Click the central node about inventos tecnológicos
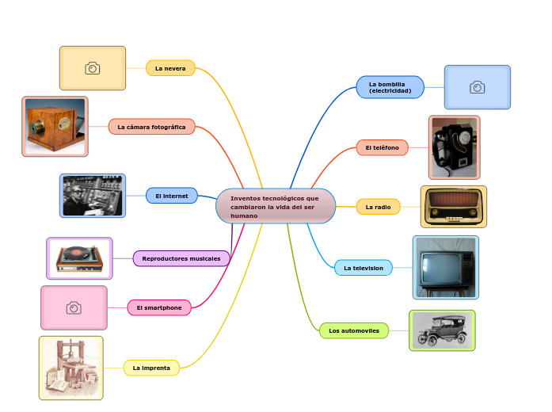276,206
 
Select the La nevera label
170,69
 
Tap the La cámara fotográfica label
151,127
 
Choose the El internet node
171,196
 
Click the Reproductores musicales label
181,258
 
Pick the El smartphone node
159,307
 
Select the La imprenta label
151,368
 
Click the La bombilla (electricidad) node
390,87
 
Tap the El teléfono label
382,147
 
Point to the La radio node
378,207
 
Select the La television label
363,268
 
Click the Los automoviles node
354,330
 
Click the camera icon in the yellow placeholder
93,68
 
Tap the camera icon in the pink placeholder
74,307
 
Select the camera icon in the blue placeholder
478,87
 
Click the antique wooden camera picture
55,127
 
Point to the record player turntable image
79,258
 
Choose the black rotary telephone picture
454,147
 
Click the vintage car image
442,330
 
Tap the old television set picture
445,268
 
